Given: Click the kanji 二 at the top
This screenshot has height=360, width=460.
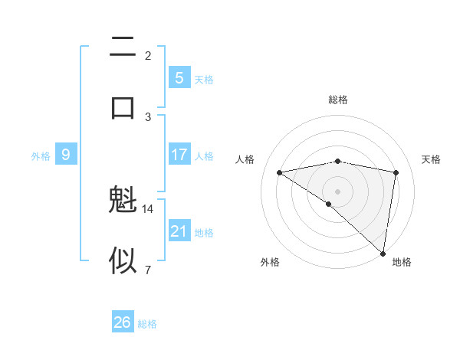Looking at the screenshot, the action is pos(123,48).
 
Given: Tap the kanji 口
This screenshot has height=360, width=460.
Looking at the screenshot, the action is pos(123,106).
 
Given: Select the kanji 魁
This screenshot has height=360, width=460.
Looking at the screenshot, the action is pos(123,202).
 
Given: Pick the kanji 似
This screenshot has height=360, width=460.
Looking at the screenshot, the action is pos(123,260).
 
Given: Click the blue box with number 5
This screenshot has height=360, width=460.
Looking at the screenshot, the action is pos(179,78).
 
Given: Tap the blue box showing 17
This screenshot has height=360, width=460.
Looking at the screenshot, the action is pos(179,155).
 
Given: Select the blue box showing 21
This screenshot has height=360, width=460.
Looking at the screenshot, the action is pos(179,231).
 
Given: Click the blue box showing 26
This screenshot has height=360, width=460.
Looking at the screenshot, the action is pos(122,322).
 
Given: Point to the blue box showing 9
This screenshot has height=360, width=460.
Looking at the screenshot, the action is pos(66,155).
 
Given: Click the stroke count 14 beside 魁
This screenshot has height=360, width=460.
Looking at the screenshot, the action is pos(148,208).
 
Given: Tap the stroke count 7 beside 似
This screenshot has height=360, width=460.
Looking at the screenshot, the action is pos(148,269).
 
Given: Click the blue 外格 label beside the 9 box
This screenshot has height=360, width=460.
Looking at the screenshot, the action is pos(41,156).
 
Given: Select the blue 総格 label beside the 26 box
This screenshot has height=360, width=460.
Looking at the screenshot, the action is pos(147,324).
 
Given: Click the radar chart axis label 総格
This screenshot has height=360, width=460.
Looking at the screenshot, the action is pos(337,100).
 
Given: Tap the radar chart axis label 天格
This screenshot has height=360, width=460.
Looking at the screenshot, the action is pos(431,159).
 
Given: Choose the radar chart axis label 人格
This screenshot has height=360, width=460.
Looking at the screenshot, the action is pos(245,159).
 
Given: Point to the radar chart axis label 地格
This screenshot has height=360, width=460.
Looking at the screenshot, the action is pos(402,262).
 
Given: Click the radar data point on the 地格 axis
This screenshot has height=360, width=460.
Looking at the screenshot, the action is pos(383,253).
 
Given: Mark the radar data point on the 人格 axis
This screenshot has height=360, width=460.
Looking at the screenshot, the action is pos(279,172).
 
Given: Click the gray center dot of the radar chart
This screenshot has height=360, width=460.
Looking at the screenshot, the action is pos(337,190).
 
